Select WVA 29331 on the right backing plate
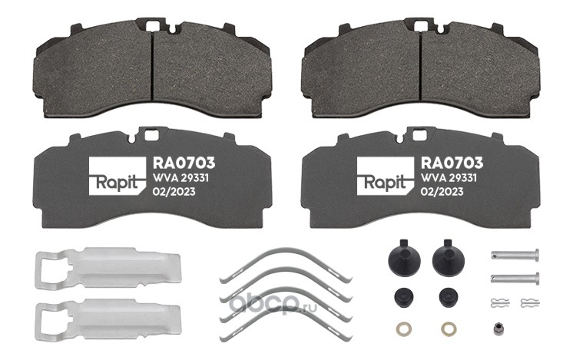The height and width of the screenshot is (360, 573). click(x=449, y=178)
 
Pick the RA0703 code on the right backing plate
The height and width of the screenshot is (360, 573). click(x=452, y=163)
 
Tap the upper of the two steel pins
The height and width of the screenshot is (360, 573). click(x=515, y=253)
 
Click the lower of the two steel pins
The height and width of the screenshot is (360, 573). click(x=515, y=278)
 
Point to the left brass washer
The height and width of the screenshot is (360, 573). click(x=403, y=329)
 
